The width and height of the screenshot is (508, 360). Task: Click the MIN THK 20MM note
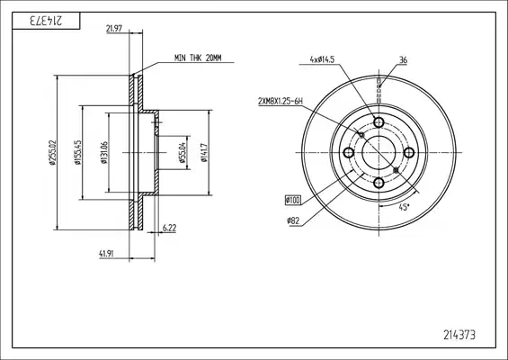coord(198,58)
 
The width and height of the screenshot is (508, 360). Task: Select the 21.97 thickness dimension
coord(114,29)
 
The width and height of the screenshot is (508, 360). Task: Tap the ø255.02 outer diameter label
coord(52,152)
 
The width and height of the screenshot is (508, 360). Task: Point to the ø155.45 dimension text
coord(77,152)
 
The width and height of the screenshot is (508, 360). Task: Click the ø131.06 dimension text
coord(104,152)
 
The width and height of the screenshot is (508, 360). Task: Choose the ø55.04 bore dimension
coord(183,152)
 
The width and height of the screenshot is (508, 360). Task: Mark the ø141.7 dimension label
coord(204,152)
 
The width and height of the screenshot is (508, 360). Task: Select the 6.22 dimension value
coord(169,228)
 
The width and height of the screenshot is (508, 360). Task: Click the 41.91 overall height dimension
coord(106,254)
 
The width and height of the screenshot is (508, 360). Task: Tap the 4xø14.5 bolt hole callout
coord(322,59)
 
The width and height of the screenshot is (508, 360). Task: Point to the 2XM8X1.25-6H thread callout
coord(281,102)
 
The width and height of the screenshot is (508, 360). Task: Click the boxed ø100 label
coord(293,201)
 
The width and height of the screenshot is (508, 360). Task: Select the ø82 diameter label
coord(293,221)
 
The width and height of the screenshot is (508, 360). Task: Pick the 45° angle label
coord(404,207)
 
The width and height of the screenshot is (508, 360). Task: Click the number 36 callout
coord(403,60)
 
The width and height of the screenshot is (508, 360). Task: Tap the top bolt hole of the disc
coord(379,122)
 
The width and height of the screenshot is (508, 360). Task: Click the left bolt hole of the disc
coord(349,152)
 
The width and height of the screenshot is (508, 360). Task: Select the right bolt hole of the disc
coord(409,152)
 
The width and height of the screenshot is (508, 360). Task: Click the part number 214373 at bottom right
coord(459,335)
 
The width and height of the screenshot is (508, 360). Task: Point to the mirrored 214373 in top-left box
coord(46,21)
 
